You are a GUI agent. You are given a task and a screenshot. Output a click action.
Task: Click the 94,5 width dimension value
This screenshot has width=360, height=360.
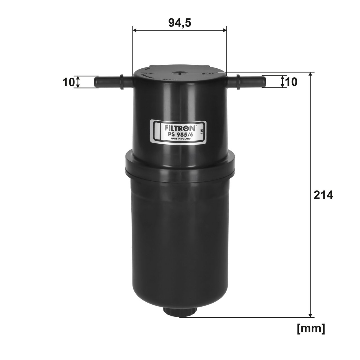point(180,23)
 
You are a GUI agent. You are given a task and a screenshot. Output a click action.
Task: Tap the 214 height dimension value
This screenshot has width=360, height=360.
point(323,195)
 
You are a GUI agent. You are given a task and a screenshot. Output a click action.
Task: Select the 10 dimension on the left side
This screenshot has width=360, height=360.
point(68,82)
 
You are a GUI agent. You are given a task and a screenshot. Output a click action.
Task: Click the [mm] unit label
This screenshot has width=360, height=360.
point(311,328)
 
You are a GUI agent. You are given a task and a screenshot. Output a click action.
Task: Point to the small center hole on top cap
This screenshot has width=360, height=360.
point(180,72)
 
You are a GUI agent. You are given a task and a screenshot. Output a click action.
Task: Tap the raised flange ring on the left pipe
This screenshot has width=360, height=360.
point(122,82)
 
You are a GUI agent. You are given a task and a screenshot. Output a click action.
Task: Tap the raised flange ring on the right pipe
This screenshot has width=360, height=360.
point(238,82)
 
